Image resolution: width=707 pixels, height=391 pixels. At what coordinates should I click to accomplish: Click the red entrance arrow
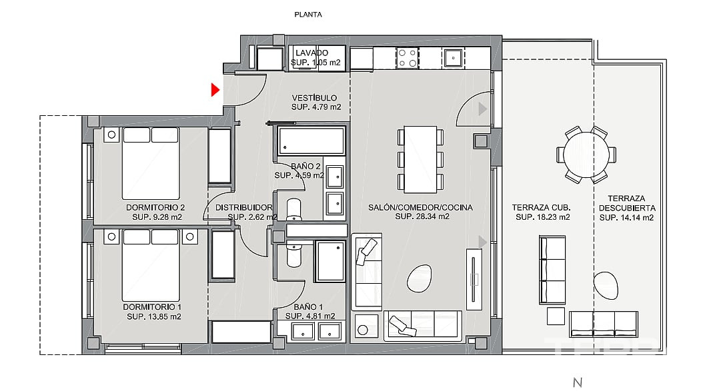[x=215, y=90]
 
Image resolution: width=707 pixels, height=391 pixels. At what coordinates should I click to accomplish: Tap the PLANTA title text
[x=308, y=15]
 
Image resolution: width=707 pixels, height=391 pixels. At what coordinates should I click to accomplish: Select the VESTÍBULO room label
[x=314, y=98]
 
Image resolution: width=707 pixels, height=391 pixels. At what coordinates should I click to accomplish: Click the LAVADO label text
[x=311, y=53]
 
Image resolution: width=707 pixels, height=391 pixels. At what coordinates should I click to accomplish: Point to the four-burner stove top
[x=407, y=58]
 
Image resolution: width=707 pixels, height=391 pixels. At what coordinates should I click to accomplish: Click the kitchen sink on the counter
[x=453, y=58]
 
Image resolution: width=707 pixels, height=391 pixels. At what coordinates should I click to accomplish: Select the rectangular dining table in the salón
[x=420, y=159]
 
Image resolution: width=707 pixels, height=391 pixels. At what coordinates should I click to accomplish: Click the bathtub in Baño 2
[x=311, y=141]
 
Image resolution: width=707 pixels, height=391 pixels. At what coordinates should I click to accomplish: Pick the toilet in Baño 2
[x=294, y=209]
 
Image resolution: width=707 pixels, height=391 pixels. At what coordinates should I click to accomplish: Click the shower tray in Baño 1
[x=331, y=262]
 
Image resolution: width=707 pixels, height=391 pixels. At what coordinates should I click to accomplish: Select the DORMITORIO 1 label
[x=152, y=307]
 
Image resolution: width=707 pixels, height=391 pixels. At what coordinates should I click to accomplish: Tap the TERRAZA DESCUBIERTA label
[x=627, y=203]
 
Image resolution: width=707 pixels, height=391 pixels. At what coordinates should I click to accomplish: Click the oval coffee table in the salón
[x=420, y=278]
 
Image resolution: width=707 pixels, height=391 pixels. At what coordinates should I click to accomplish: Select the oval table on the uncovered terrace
[x=606, y=286]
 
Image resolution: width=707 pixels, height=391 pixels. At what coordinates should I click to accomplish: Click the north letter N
[x=578, y=382]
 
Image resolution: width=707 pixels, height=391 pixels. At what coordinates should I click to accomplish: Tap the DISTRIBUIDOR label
[x=243, y=208]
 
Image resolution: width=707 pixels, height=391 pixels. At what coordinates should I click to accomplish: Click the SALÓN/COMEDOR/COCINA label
[x=420, y=208]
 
